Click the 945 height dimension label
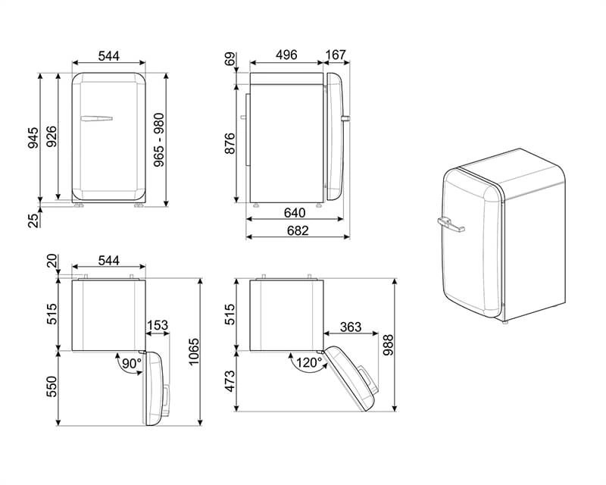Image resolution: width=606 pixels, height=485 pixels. coord(33,137)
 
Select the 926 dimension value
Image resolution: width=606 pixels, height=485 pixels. coord(52,136)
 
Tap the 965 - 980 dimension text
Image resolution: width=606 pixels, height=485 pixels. coord(159,140)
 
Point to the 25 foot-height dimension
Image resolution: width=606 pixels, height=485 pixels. coord(33,221)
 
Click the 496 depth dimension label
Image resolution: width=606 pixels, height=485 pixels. coord(286,55)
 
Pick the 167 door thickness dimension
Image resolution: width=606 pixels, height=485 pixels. coord(336,55)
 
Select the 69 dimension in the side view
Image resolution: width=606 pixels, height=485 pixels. coord(230,60)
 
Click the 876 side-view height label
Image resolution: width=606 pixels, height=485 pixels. coord(230,143)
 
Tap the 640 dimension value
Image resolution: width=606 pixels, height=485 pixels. coord(295,212)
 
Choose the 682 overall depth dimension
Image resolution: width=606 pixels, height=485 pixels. coord(298,230)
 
